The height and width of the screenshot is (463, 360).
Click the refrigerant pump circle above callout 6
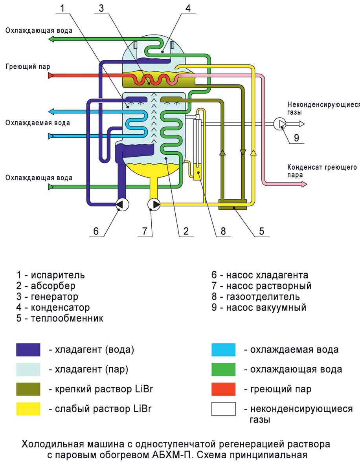(x=123, y=204)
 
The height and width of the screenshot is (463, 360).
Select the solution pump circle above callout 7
(x=154, y=204)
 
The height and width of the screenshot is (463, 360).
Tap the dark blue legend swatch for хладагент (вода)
(x=28, y=350)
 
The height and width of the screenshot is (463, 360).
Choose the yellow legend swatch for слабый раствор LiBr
(x=28, y=409)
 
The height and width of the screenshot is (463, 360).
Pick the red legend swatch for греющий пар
(x=223, y=389)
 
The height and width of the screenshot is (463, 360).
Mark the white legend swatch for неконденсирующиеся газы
(x=223, y=409)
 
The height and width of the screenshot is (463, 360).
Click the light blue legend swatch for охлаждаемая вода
(x=223, y=350)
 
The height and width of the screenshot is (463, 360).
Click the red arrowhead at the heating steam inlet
(x=51, y=75)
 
